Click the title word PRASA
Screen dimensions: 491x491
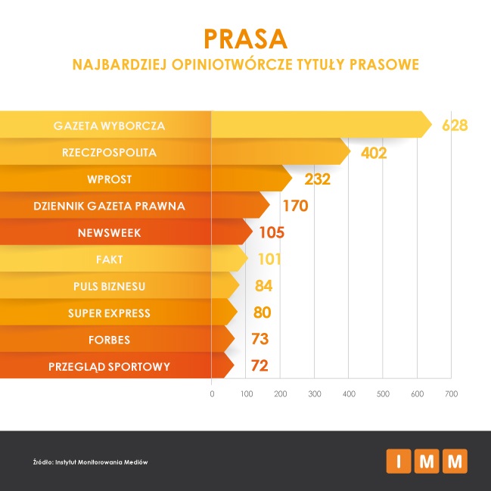click(x=245, y=39)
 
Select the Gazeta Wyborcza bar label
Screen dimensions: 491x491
click(x=109, y=125)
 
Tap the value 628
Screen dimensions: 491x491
click(x=455, y=125)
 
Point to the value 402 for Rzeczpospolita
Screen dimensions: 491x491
click(x=374, y=153)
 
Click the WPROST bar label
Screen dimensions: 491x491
click(x=109, y=179)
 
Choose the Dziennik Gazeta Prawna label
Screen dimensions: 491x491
click(x=109, y=205)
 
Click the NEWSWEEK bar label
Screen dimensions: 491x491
click(x=109, y=232)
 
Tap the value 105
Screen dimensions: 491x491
click(x=276, y=233)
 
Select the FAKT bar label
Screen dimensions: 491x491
click(x=109, y=259)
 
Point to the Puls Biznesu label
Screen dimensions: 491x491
click(x=109, y=286)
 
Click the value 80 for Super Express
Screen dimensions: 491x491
click(x=262, y=313)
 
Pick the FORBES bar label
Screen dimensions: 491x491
click(x=109, y=340)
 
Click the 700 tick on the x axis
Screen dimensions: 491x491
click(x=452, y=394)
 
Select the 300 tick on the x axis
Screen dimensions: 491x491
click(x=315, y=394)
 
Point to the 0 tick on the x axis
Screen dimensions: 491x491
click(x=212, y=394)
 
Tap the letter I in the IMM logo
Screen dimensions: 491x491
click(x=398, y=460)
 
